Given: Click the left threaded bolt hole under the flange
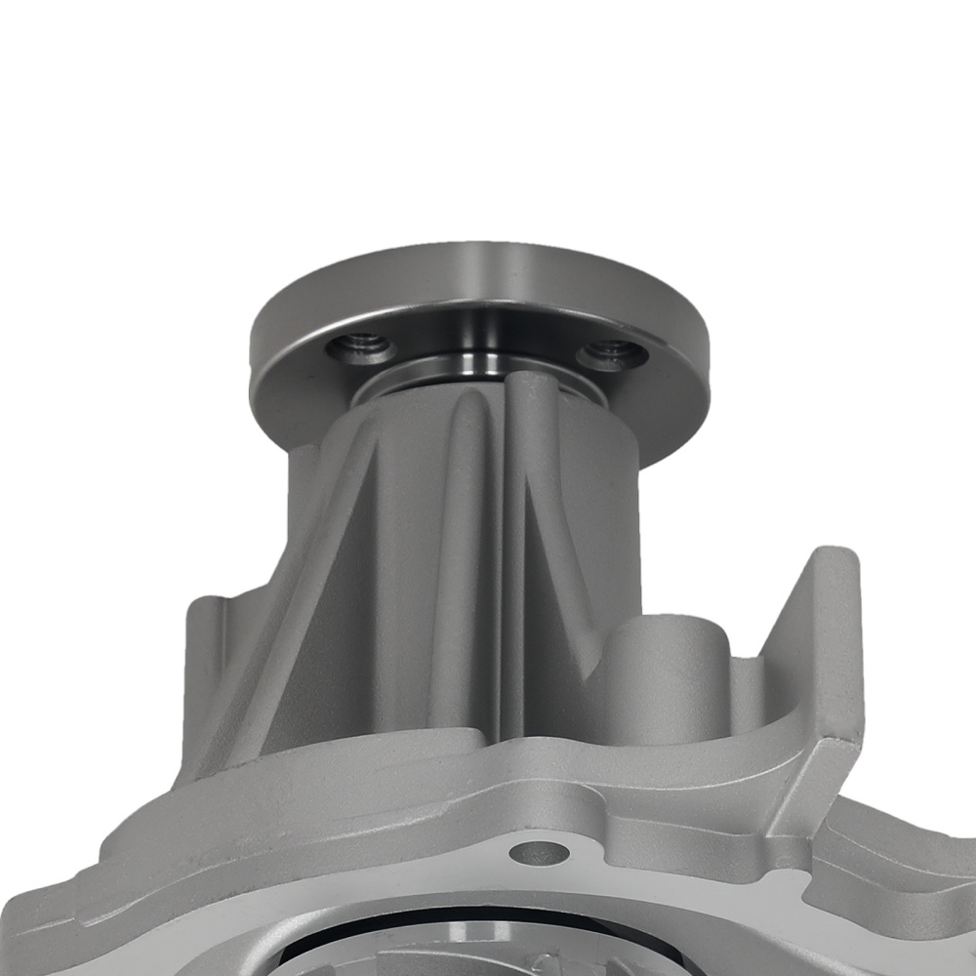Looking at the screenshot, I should pyautogui.click(x=362, y=346).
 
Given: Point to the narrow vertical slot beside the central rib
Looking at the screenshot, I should pyautogui.click(x=497, y=566).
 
